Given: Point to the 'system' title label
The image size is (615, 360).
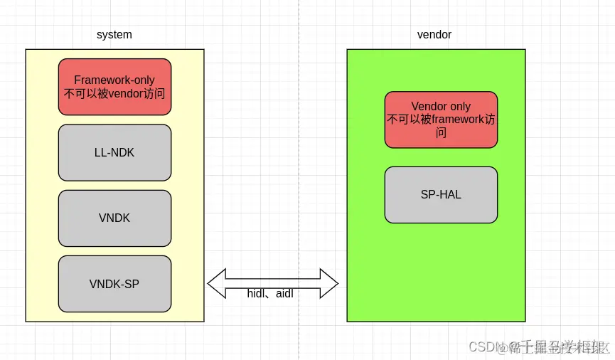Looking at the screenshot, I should [114, 34].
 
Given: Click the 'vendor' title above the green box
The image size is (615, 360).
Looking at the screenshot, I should [434, 34].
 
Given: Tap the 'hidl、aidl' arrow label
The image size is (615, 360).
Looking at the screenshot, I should [270, 294].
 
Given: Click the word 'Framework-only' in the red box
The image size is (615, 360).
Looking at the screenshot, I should [114, 80].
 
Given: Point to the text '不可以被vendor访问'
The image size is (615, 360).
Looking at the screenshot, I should [114, 93].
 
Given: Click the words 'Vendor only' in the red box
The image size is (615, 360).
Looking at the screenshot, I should [441, 107].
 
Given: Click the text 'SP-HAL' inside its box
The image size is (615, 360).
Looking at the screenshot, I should [441, 194].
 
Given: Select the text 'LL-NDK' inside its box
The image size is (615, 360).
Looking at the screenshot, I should [114, 152].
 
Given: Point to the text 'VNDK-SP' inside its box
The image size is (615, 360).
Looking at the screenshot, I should [114, 284].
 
